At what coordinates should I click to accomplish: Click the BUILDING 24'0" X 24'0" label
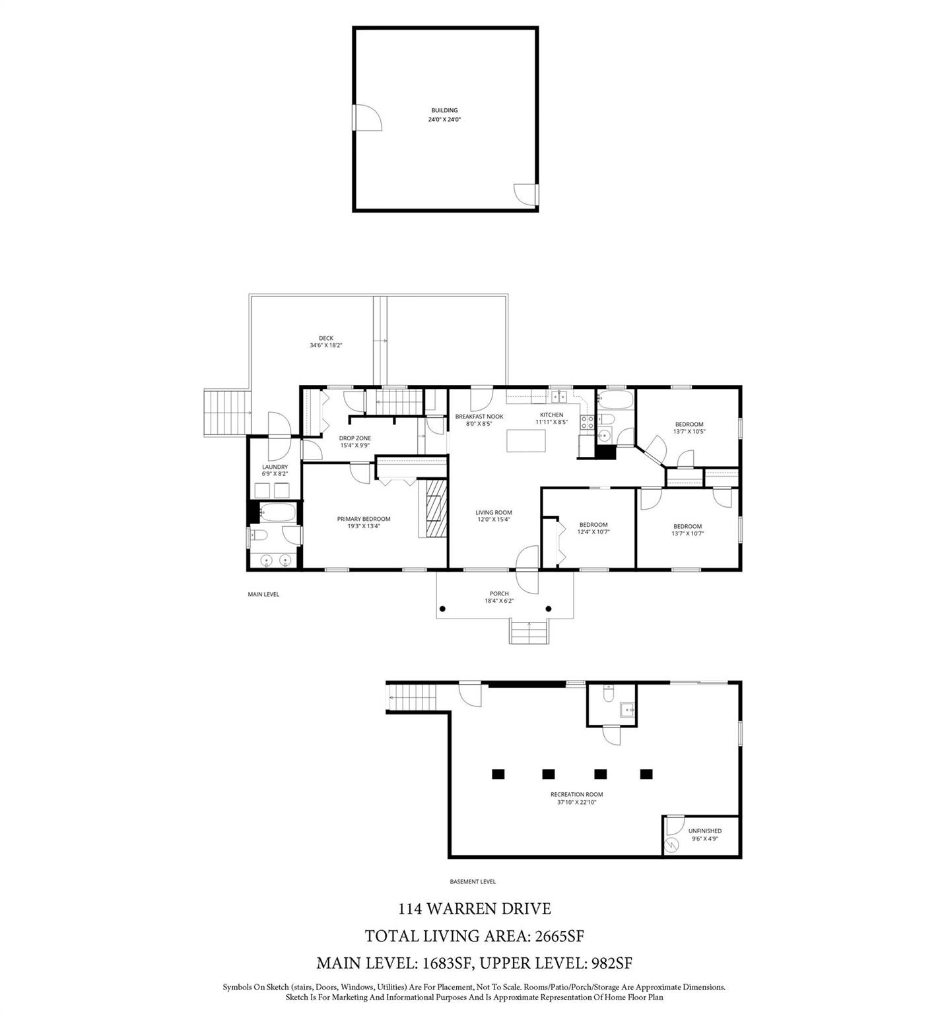pos(444,115)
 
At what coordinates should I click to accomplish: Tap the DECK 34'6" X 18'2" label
pos(326,341)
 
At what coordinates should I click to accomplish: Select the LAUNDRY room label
pos(275,470)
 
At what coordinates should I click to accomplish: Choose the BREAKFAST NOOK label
pos(479,417)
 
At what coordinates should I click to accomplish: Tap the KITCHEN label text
pos(551,415)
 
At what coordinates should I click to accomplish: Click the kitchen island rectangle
pos(526,440)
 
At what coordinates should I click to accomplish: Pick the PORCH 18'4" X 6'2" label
pos(499,597)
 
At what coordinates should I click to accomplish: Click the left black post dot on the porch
pos(443,609)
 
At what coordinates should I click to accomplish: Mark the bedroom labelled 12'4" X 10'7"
pos(593,528)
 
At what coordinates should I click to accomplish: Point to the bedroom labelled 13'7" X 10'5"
pos(689,428)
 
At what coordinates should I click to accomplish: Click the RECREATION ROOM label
pos(576,798)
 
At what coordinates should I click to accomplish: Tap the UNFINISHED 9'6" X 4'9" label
pos(704,834)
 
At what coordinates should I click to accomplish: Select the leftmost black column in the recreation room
pos(498,774)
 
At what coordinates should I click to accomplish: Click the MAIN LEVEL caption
pos(263,594)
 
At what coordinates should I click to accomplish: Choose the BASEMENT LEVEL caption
pos(472,881)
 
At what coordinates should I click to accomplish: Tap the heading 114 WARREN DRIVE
pos(474,909)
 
